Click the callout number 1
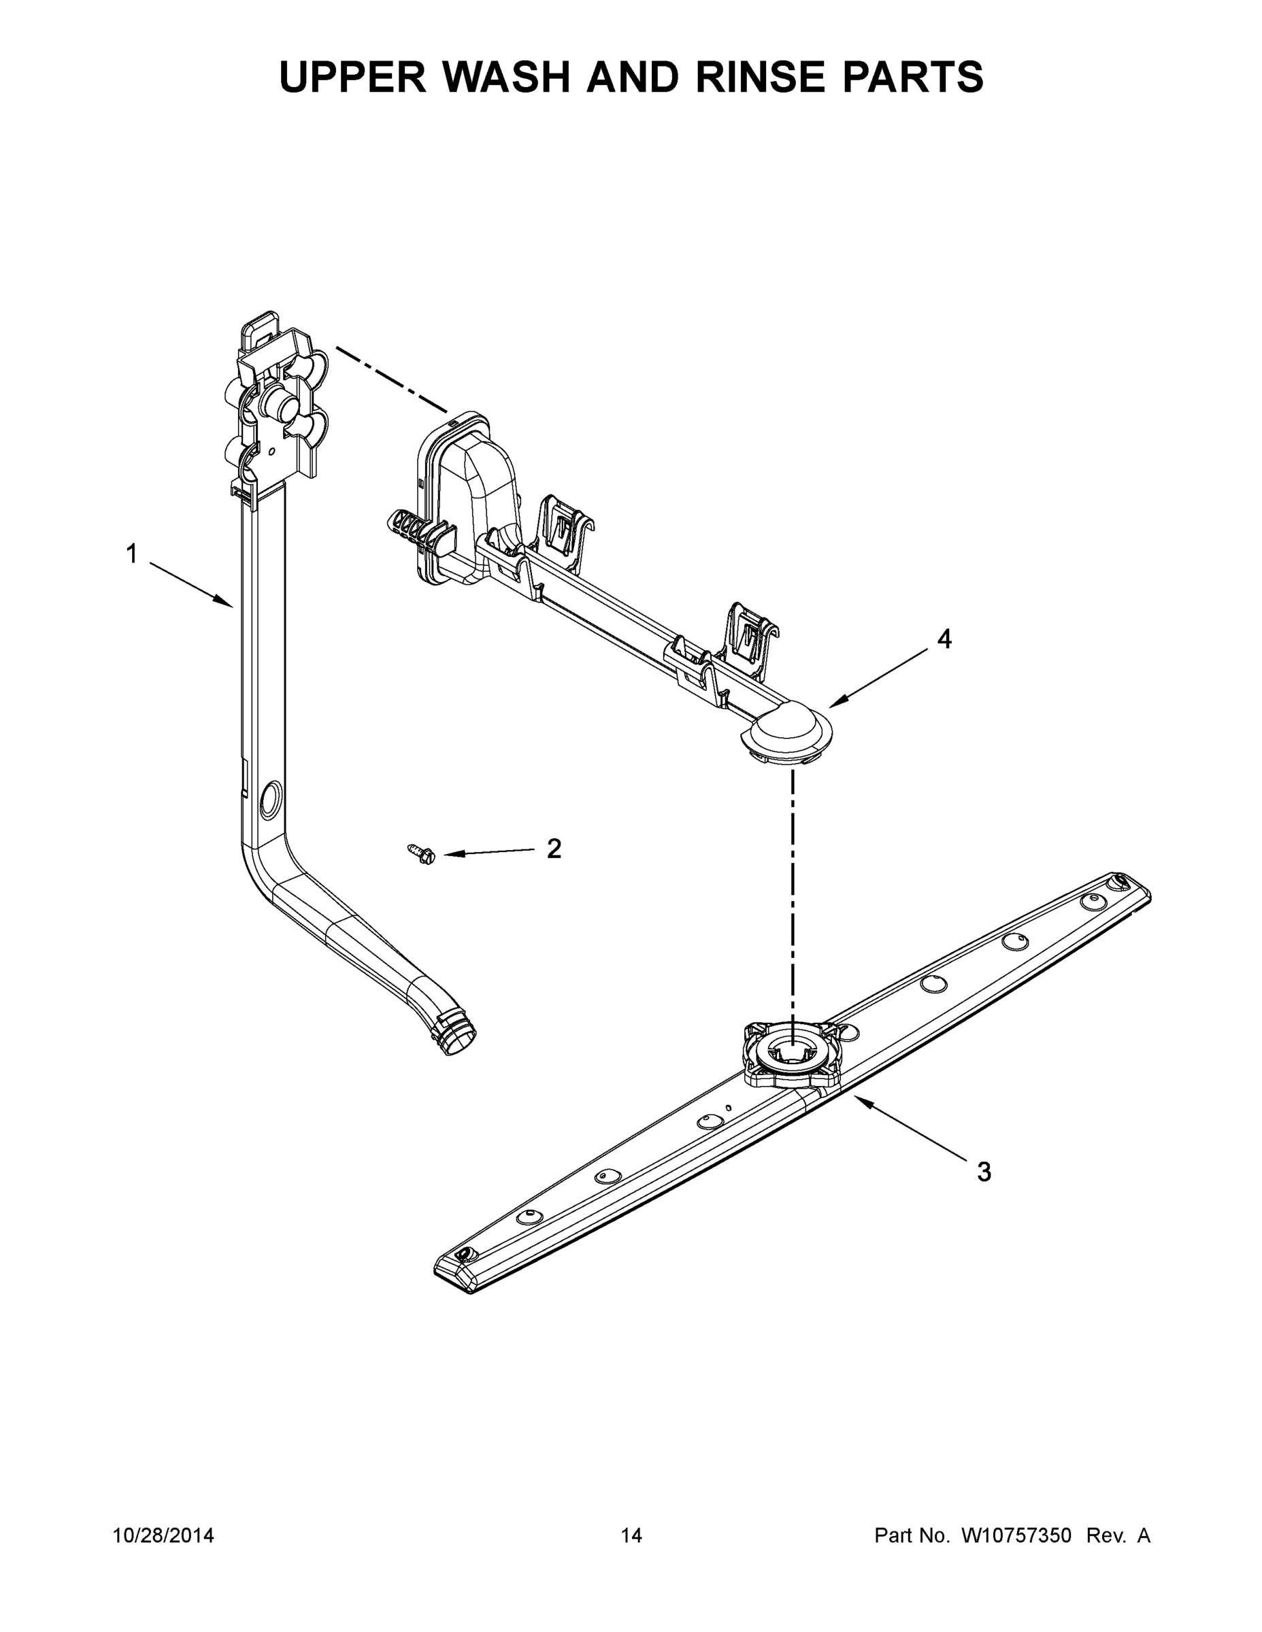pyautogui.click(x=131, y=554)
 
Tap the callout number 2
pyautogui.click(x=554, y=849)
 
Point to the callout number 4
pyautogui.click(x=945, y=639)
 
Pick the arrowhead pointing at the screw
pyautogui.click(x=452, y=855)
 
